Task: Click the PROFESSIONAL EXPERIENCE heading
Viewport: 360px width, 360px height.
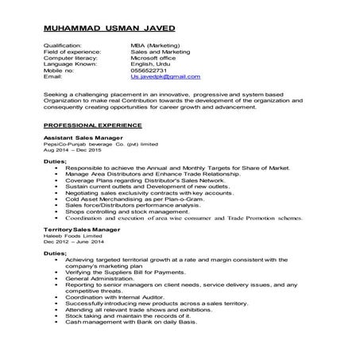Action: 93,125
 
